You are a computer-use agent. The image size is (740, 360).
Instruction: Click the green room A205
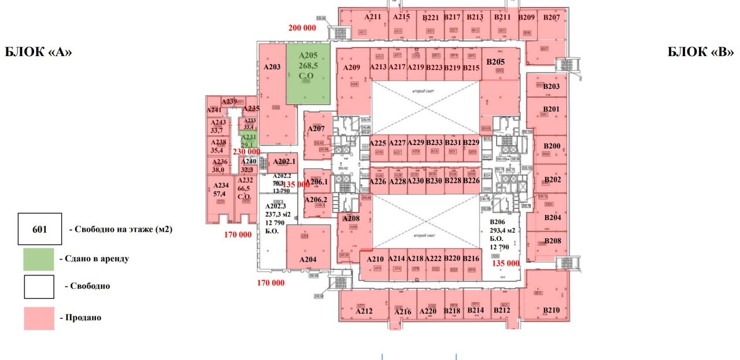(x=308, y=72)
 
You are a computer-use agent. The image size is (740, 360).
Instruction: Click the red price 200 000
(x=302, y=28)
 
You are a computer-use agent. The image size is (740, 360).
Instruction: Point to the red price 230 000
(x=246, y=151)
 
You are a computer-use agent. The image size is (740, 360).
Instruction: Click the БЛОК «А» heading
(x=38, y=52)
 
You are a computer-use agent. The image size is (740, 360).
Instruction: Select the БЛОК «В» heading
(x=701, y=52)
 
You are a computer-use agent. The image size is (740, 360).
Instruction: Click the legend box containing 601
(x=39, y=229)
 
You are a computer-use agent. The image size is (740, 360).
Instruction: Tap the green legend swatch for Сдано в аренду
(x=39, y=259)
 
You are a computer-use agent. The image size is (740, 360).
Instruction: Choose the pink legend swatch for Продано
(x=39, y=318)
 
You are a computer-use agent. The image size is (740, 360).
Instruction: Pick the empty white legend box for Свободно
(x=39, y=287)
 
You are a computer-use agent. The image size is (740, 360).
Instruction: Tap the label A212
(x=364, y=311)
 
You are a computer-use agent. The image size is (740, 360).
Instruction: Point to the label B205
(x=495, y=62)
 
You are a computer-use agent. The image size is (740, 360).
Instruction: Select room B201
(x=552, y=110)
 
